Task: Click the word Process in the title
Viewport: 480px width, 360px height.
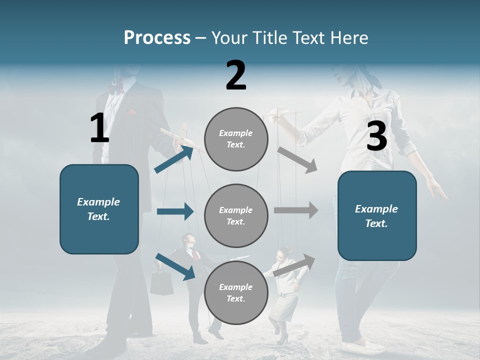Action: click(x=157, y=37)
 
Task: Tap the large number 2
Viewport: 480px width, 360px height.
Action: click(x=236, y=75)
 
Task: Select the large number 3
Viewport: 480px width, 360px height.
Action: click(x=376, y=136)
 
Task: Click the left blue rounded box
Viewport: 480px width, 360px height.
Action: click(x=99, y=209)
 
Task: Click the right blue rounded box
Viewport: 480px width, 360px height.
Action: click(x=377, y=215)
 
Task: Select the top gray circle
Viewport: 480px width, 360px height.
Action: click(x=236, y=139)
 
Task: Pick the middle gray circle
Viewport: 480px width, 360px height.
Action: click(x=236, y=215)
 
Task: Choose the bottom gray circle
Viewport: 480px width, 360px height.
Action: click(x=236, y=292)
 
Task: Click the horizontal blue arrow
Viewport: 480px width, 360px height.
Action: click(x=175, y=211)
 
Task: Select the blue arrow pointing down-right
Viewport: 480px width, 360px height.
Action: click(x=175, y=266)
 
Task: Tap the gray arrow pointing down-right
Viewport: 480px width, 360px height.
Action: click(x=297, y=160)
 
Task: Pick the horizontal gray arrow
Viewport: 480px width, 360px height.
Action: click(x=296, y=210)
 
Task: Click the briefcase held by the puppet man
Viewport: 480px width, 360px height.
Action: click(x=162, y=283)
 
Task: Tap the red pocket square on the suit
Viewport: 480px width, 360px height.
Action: click(x=131, y=113)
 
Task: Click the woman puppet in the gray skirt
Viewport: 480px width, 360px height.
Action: click(x=283, y=295)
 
